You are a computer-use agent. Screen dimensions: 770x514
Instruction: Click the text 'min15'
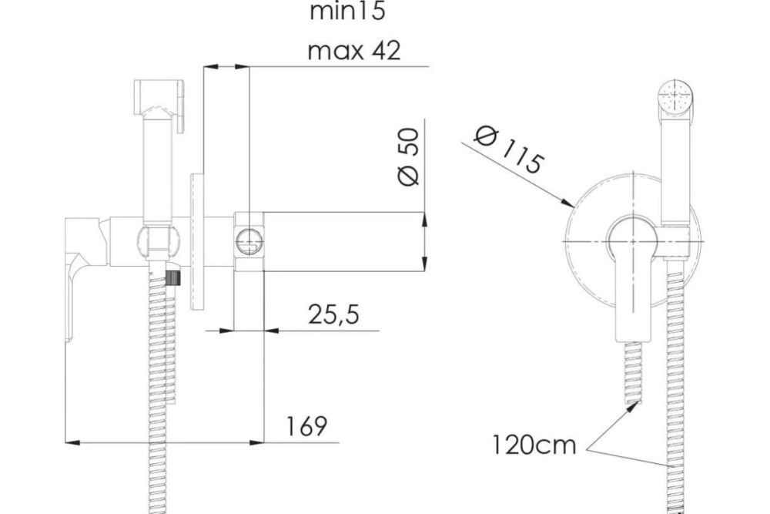(347, 11)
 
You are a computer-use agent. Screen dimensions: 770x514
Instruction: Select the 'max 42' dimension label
(354, 51)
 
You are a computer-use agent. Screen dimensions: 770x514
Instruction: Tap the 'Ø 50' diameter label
(409, 157)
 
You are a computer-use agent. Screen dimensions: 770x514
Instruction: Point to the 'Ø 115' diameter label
(509, 149)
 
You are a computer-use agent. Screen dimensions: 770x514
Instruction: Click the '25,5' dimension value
(333, 314)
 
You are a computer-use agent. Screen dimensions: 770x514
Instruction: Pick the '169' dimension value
(306, 426)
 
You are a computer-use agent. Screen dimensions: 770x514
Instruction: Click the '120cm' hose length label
(534, 445)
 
